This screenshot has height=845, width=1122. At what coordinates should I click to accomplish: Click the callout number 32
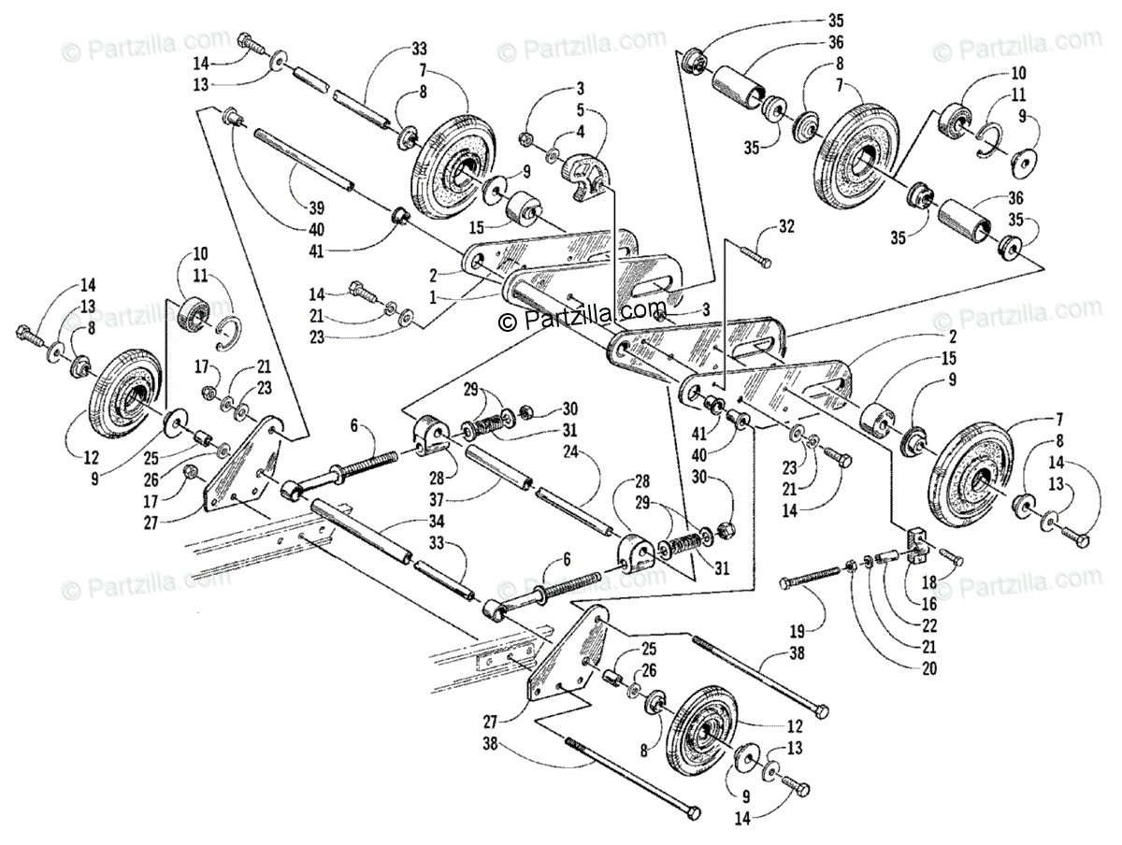786,225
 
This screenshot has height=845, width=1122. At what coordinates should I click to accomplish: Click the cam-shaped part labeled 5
584,179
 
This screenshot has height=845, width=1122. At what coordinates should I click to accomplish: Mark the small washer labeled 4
554,151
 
